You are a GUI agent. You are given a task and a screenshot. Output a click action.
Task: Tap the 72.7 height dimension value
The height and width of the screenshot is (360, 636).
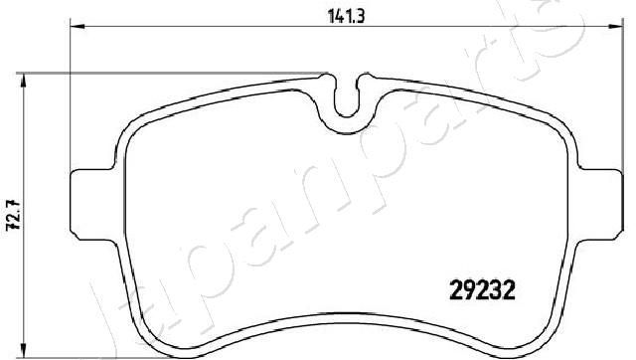12,213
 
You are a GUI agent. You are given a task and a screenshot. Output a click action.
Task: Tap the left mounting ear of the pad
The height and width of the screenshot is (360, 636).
89,204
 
